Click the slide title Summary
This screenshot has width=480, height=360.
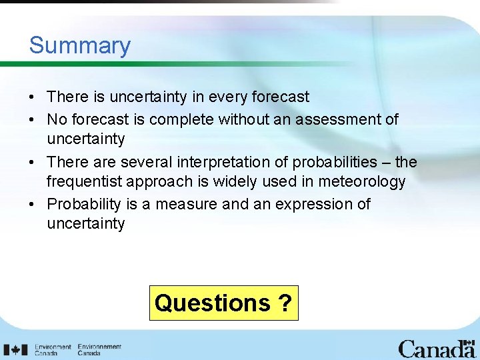tap(79, 45)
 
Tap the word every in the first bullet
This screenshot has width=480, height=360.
tap(228, 97)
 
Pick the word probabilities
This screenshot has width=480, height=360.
tap(330, 162)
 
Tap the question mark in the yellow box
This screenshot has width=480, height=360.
tap(285, 303)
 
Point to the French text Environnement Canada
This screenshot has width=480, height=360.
tap(99, 349)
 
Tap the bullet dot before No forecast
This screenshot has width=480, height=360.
tap(33, 119)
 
